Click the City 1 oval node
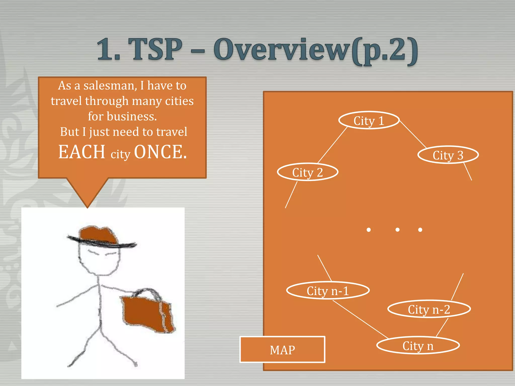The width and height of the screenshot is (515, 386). pos(369,120)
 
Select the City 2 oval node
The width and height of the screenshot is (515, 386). pos(307,172)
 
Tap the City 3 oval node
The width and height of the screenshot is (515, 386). pos(448,155)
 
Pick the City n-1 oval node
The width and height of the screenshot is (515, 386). pos(328,291)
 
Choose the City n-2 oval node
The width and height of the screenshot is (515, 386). pos(429,309)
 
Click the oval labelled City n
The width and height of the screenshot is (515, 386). pos(418,346)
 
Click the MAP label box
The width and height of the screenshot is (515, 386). pos(282,350)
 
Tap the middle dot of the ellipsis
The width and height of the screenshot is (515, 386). pos(397,230)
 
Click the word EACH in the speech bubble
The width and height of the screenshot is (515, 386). pos(82,152)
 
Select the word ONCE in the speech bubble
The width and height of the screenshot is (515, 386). pos(160,152)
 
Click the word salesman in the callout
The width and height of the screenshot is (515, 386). pos(110,86)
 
